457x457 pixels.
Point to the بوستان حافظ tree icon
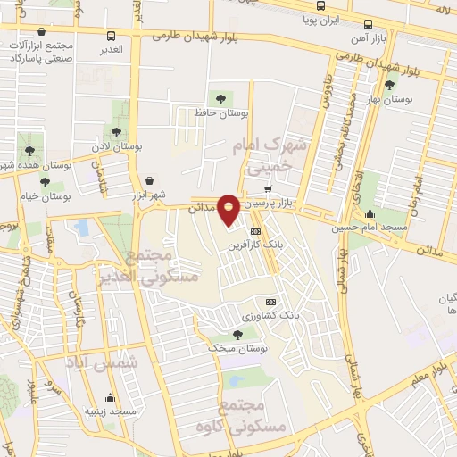(220, 98)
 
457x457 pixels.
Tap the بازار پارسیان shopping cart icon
(267, 189)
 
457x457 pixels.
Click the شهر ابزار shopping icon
(148, 179)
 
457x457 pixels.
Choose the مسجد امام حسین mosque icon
(370, 214)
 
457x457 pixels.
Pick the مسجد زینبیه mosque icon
(110, 398)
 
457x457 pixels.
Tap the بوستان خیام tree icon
(45, 182)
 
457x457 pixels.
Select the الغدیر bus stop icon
(111, 37)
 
